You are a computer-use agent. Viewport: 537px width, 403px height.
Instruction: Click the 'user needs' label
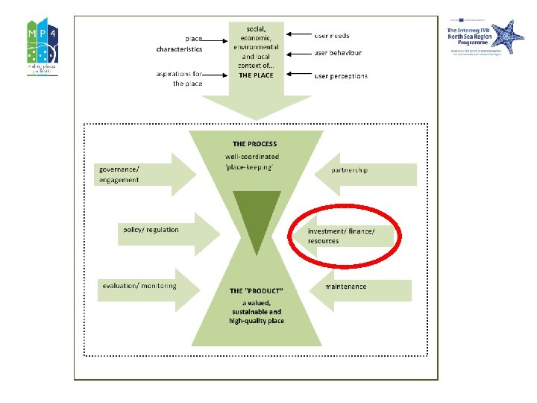(331, 36)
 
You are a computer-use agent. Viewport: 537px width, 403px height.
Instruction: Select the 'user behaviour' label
(337, 54)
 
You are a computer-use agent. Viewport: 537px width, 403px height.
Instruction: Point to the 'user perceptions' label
(340, 76)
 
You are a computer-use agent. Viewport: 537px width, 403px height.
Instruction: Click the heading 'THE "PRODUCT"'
(256, 290)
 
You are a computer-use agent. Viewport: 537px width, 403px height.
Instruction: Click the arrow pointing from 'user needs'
(300, 35)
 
